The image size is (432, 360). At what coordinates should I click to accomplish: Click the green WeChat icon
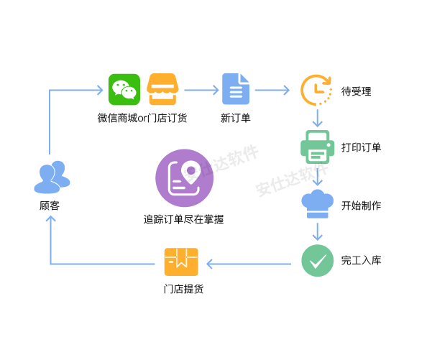124,90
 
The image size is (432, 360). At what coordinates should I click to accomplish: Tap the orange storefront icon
162,90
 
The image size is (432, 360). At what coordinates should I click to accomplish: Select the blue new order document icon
235,91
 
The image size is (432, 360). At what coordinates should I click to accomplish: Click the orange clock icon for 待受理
316,90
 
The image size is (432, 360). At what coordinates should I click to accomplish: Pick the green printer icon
316,147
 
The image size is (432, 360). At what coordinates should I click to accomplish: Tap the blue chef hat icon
316,203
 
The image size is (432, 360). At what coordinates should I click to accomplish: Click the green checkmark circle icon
317,259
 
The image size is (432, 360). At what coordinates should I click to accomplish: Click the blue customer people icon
52,177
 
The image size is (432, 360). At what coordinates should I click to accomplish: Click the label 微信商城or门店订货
142,118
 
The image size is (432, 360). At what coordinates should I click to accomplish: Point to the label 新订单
235,118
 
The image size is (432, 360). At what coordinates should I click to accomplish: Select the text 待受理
356,91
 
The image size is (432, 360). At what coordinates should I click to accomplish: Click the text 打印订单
361,147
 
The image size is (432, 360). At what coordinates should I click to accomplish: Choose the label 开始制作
361,206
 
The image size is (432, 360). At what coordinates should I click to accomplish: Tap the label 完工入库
361,260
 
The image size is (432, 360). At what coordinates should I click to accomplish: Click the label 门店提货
183,290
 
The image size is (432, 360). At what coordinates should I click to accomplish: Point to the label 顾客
50,206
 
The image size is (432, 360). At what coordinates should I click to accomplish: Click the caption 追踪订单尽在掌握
183,219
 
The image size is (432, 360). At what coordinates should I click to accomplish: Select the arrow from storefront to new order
201,91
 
